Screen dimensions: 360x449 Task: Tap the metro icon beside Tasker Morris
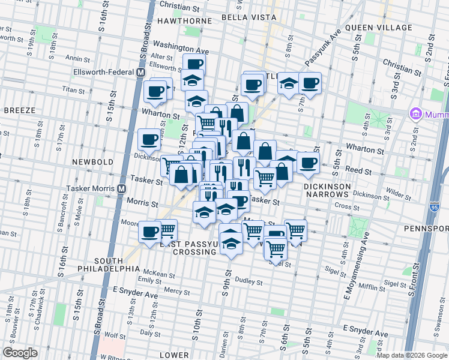(121, 188)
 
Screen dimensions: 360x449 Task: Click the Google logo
(20, 353)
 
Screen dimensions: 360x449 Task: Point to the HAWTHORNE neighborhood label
(184, 20)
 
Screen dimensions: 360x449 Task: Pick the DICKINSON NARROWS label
(335, 187)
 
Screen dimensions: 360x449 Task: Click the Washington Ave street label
(181, 47)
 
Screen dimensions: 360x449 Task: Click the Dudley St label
(249, 281)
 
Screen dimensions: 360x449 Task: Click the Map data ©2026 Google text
(412, 355)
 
